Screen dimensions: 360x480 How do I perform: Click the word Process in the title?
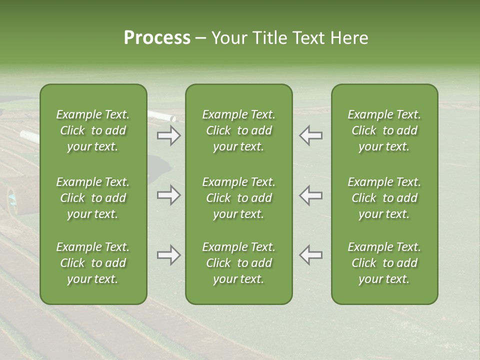(x=157, y=38)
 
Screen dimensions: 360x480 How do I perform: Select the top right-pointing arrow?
(x=168, y=135)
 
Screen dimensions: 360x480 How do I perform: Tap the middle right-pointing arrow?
(x=168, y=195)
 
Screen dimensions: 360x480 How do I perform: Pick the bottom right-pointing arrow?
(x=168, y=255)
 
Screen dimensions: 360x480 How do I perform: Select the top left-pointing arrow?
(x=310, y=135)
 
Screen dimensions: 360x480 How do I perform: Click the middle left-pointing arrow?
(x=310, y=195)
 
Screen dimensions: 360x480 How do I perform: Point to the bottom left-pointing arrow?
(x=310, y=255)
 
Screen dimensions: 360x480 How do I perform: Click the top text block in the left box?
(x=93, y=130)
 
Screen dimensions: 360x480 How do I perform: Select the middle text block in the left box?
(x=93, y=198)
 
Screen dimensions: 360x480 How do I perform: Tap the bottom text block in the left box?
(x=93, y=263)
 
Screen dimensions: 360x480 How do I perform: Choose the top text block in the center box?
(x=238, y=130)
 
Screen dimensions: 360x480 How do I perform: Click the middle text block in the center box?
(x=238, y=198)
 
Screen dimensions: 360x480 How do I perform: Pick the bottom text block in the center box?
(x=238, y=263)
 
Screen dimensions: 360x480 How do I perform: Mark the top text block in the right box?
(x=384, y=130)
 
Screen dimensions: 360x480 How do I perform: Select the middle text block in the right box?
(x=384, y=198)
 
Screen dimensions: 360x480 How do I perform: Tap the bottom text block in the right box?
(x=384, y=263)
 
